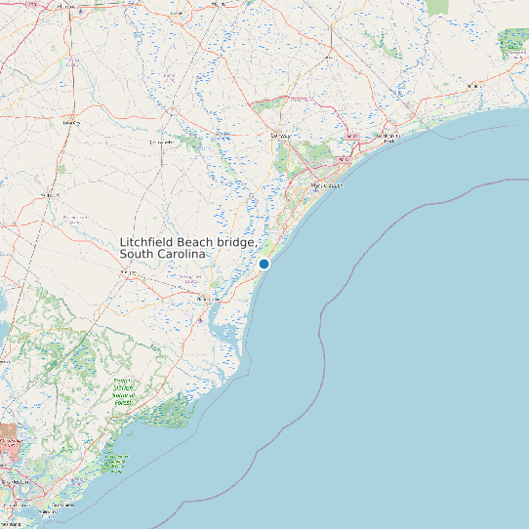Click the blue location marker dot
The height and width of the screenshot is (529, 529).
coord(264,264)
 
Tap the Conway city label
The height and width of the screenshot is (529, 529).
coord(280,135)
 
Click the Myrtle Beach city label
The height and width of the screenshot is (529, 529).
coord(327,184)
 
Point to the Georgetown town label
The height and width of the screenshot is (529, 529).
coord(209,299)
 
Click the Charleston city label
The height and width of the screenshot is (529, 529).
coord(16,482)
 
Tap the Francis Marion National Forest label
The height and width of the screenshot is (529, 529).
coord(123,392)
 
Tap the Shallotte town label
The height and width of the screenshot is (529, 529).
coord(474,86)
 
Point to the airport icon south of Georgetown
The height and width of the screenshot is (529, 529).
coord(200,320)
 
